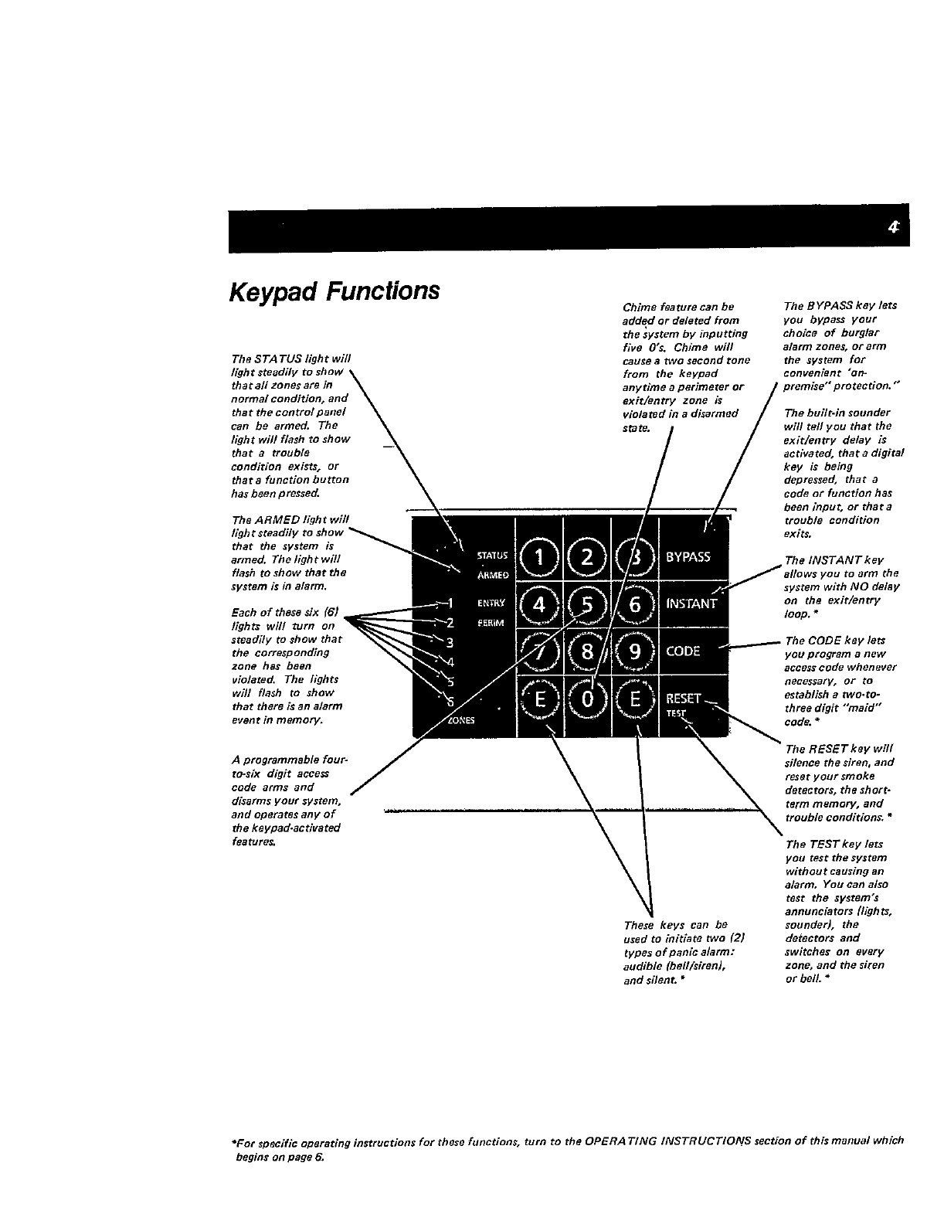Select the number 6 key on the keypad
coord(634,605)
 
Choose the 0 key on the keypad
coord(587,699)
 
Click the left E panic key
coord(540,699)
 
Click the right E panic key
coord(634,699)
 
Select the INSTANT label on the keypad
coord(691,604)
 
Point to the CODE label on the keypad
coord(683,651)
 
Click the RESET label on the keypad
coord(684,698)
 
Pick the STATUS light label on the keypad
coord(492,555)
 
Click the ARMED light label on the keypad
coord(492,574)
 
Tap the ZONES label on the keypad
coord(462,720)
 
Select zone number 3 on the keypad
coord(450,641)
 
